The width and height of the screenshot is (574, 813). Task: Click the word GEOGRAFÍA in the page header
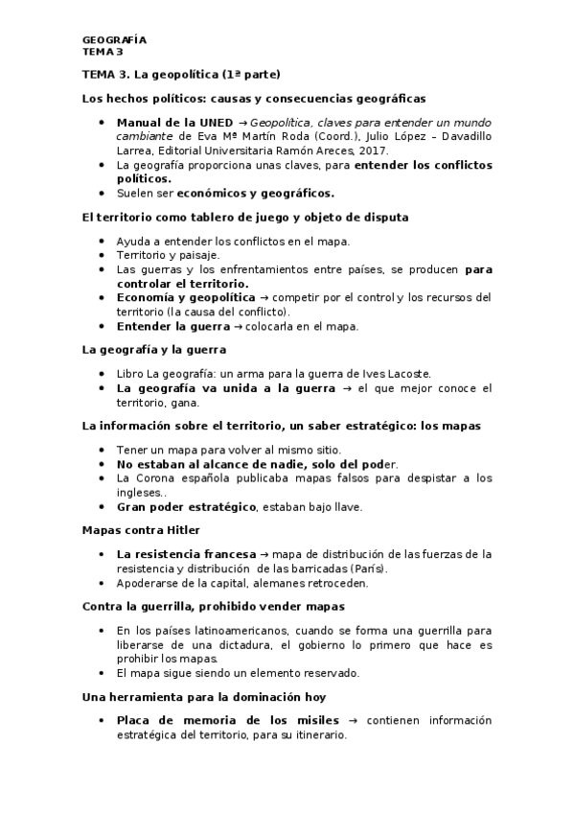[114, 39]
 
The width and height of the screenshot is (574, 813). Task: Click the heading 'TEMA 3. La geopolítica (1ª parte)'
[182, 74]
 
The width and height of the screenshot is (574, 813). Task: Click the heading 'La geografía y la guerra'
[153, 350]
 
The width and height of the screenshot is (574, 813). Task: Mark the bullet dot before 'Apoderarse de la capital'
[103, 582]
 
